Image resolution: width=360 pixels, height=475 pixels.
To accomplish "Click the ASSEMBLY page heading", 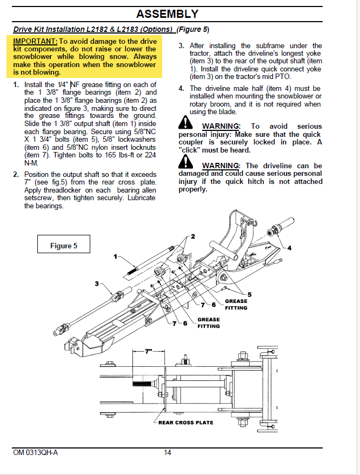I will pyautogui.click(x=167, y=14).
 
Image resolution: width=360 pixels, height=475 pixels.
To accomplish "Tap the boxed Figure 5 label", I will pyautogui.click(x=64, y=246).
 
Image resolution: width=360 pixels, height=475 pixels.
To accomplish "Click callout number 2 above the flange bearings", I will pyautogui.click(x=192, y=237).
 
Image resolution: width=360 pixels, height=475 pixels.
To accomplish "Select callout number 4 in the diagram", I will pyautogui.click(x=289, y=248).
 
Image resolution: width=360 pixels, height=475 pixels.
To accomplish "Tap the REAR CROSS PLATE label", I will pyautogui.click(x=185, y=423).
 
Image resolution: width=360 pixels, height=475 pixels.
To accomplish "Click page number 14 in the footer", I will pyautogui.click(x=168, y=453).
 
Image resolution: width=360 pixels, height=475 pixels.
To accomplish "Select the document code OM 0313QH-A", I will pyautogui.click(x=35, y=453).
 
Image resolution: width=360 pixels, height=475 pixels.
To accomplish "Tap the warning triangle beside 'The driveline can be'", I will pyautogui.click(x=186, y=162).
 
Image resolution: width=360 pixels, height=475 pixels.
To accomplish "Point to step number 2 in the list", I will pyautogui.click(x=16, y=174).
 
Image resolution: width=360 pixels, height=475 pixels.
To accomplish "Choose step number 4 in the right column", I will pyautogui.click(x=182, y=88).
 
